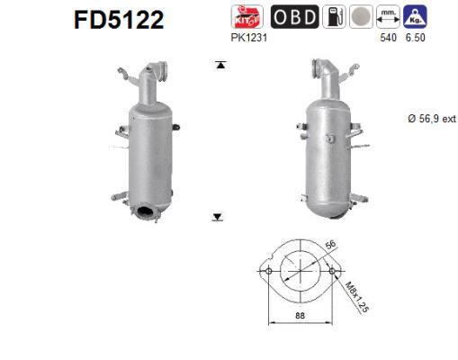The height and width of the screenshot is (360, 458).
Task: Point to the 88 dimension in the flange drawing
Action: pos(300,314)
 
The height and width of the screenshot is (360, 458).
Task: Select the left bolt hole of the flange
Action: pos(266,269)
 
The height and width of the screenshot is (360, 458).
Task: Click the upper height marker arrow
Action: pos(219,65)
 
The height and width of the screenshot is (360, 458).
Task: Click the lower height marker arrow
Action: pos(218,217)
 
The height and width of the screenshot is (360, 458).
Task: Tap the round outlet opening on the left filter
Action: pos(144,212)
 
